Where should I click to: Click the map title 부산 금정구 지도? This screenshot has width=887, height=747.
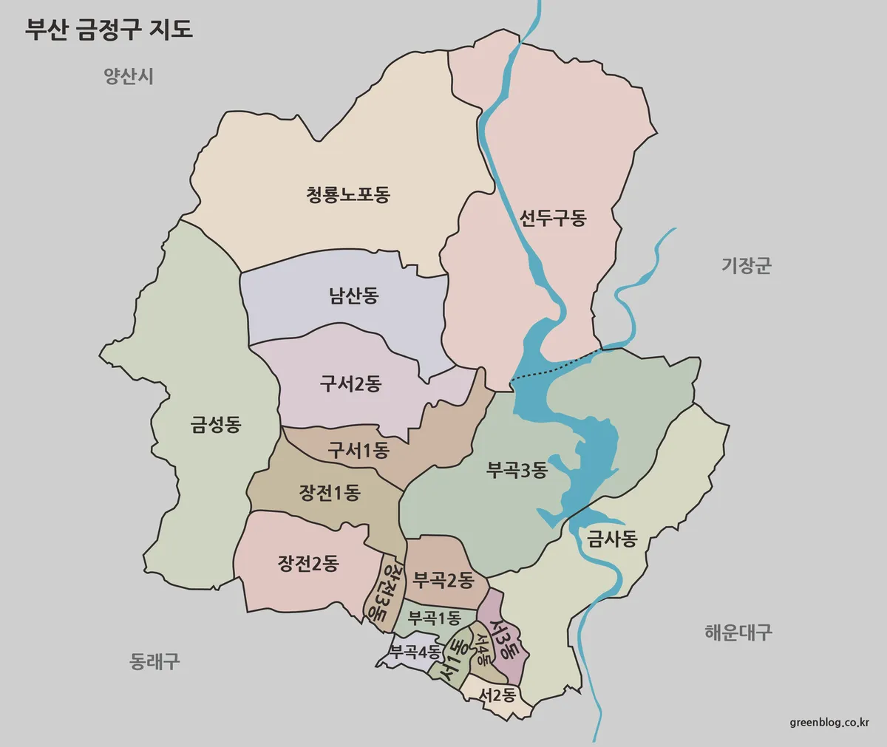(x=109, y=29)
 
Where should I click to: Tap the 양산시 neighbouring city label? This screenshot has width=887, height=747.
(x=129, y=76)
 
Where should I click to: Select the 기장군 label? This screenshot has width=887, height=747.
(x=746, y=265)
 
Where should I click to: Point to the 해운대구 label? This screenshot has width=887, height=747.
(x=738, y=632)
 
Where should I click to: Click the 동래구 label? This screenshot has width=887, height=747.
(x=154, y=661)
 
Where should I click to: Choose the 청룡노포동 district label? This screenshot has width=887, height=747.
(x=347, y=195)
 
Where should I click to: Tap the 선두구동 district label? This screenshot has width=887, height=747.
(x=552, y=218)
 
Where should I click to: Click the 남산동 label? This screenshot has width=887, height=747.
(x=353, y=296)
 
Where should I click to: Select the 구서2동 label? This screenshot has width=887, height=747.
(x=350, y=384)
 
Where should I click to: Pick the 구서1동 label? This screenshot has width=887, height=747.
(x=358, y=450)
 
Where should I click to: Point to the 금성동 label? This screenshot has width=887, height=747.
(x=216, y=425)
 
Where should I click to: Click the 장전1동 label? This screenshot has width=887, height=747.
(x=329, y=493)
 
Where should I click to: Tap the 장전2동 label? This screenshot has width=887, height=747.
(x=308, y=564)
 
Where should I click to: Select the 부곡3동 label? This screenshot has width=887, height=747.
(x=517, y=470)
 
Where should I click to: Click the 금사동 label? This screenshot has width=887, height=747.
(x=612, y=539)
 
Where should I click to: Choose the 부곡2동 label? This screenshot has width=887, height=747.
(x=443, y=581)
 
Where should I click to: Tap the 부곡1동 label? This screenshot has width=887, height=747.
(x=435, y=618)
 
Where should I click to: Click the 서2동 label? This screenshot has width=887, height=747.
(x=497, y=695)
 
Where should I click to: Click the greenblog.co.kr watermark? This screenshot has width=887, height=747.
(x=829, y=722)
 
